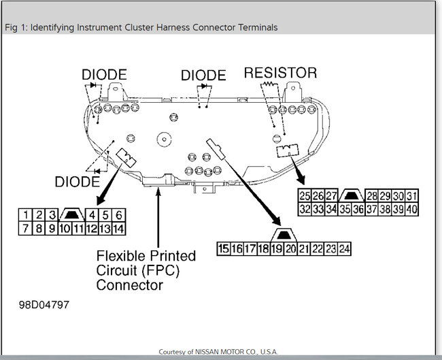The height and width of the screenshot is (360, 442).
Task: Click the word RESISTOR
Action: point(280,72)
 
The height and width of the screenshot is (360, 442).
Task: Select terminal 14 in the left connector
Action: point(118,229)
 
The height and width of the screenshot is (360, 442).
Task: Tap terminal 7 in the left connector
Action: point(25,229)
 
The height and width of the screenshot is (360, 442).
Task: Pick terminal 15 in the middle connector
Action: point(223,249)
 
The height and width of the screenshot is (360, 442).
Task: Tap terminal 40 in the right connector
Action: point(411,210)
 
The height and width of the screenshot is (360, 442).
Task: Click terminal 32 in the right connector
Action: point(305,210)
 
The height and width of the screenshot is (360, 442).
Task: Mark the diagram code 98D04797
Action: point(44,304)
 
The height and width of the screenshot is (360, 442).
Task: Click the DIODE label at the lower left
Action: point(76,182)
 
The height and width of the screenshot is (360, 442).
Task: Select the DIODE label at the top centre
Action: point(203,75)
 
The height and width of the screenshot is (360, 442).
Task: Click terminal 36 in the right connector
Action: point(358,210)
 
